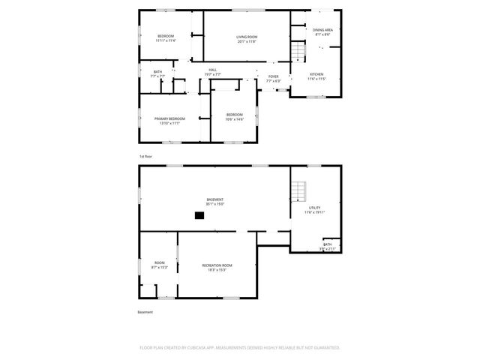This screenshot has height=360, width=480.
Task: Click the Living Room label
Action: (247, 36)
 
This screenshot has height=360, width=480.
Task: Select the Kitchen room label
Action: (317, 74)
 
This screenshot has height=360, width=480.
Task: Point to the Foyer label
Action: (273, 76)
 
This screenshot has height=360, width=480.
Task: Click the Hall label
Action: (213, 70)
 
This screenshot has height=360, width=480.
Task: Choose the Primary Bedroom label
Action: (169, 118)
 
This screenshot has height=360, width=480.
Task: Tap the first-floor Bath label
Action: (157, 71)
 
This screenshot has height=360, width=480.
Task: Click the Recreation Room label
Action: (216, 265)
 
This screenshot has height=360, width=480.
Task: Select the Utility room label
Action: (314, 208)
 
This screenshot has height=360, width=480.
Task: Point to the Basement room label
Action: (215, 199)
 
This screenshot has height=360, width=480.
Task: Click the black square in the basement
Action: (199, 215)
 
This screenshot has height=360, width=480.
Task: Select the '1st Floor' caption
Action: (145, 156)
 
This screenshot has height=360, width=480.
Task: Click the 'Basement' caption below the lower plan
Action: (145, 312)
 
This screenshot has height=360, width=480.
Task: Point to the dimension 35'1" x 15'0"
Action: (215, 204)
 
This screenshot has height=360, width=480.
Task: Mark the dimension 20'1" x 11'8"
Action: (247, 41)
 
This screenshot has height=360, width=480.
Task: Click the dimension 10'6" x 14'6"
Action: (235, 119)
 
